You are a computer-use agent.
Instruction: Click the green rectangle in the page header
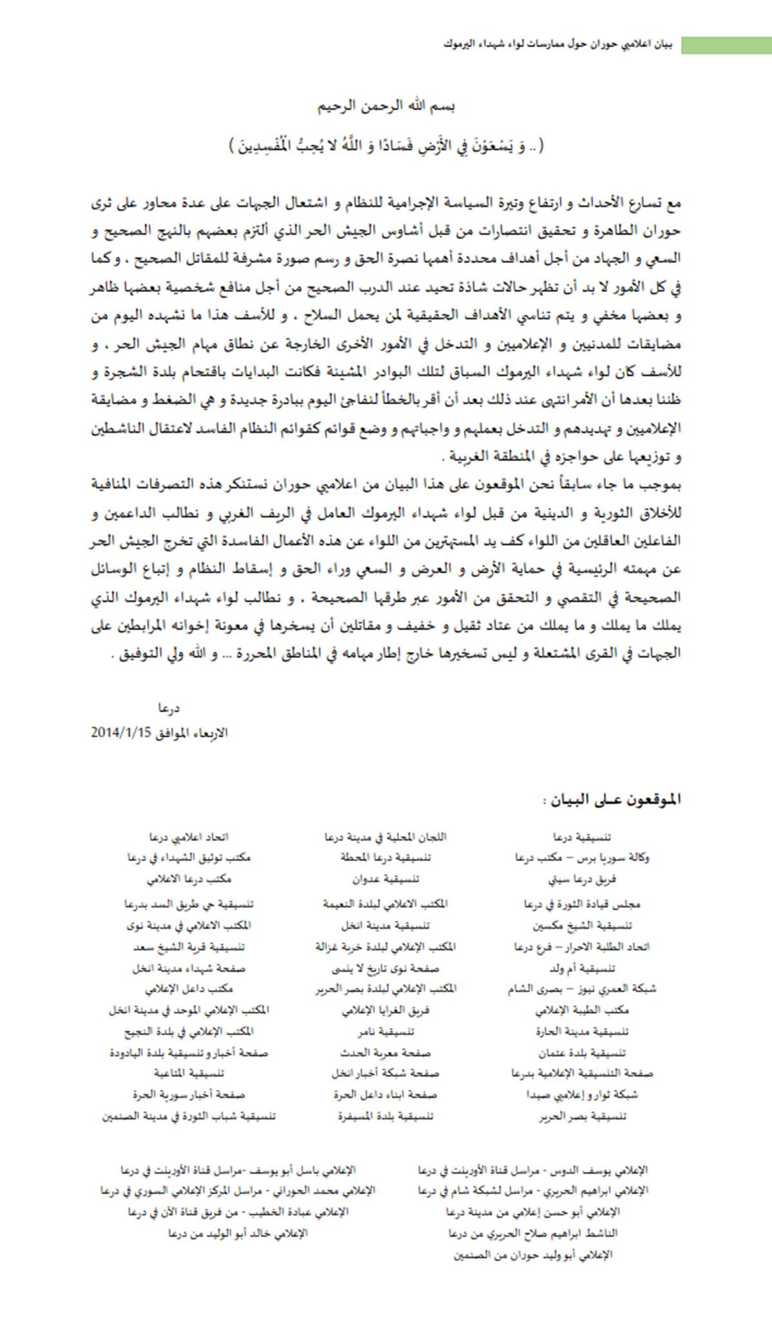pyautogui.click(x=726, y=45)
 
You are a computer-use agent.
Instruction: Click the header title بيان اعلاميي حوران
pyautogui.click(x=558, y=45)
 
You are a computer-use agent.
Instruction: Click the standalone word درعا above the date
pyautogui.click(x=169, y=708)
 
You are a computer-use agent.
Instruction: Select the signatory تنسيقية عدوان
pyautogui.click(x=385, y=878)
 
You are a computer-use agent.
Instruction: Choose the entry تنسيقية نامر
pyautogui.click(x=385, y=1031)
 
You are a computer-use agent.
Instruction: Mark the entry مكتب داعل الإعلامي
pyautogui.click(x=189, y=988)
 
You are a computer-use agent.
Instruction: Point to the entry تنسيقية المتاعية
pyautogui.click(x=189, y=1073)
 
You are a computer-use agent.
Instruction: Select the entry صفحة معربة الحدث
pyautogui.click(x=385, y=1053)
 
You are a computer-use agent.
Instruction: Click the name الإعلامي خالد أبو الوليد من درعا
pyautogui.click(x=238, y=1233)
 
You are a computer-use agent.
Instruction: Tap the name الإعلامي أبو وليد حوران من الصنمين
pyautogui.click(x=532, y=1254)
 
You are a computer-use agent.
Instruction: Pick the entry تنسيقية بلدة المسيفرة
pyautogui.click(x=385, y=1116)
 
